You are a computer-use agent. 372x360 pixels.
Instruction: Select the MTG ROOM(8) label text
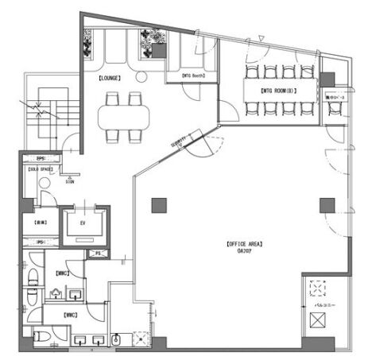pyautogui.click(x=278, y=91)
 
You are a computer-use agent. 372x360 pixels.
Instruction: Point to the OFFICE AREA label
pyautogui.click(x=244, y=243)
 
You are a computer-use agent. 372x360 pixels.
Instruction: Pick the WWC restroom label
pyautogui.click(x=71, y=315)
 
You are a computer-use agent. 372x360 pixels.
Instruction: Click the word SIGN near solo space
pyautogui.click(x=70, y=181)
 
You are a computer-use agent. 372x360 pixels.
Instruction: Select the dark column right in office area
pyautogui.click(x=326, y=205)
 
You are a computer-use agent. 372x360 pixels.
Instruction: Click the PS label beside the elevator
pyautogui.click(x=98, y=254)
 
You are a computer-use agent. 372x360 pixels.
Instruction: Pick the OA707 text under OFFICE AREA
pyautogui.click(x=243, y=251)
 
